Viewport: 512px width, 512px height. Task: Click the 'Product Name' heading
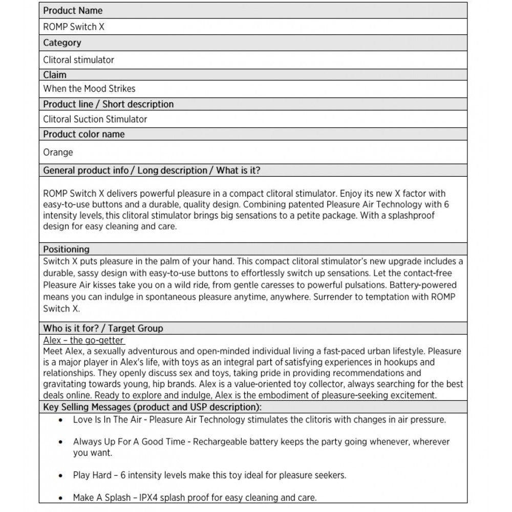pos(73,10)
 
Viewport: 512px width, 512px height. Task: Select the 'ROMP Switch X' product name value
pos(73,27)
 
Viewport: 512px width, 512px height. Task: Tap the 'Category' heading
pos(62,43)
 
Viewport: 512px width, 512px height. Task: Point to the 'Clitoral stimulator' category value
pos(78,60)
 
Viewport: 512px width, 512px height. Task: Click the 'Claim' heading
pos(55,75)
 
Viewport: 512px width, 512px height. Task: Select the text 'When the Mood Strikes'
pos(89,89)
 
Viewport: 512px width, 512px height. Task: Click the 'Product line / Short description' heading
pos(108,104)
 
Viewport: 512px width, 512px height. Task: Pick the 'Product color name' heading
pos(84,134)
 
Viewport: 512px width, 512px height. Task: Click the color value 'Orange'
pos(58,152)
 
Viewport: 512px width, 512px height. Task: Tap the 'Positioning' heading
pos(66,249)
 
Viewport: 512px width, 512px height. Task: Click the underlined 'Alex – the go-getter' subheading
pos(84,340)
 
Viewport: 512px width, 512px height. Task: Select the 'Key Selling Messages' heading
pos(153,407)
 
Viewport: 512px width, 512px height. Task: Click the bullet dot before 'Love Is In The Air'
pos(61,420)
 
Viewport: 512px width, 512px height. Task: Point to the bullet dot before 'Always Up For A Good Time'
pos(61,442)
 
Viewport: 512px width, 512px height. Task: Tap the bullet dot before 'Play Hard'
pos(61,475)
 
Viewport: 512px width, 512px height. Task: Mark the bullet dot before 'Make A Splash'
pos(61,498)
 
